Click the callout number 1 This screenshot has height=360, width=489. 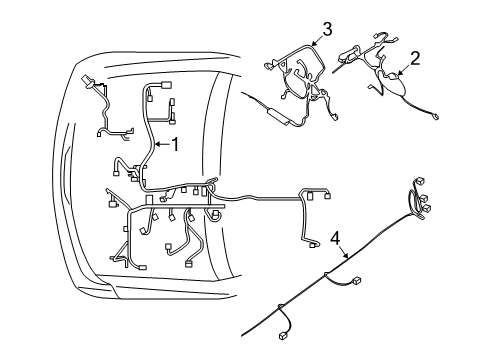[x=176, y=145]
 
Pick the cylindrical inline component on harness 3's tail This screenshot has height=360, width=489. [x=284, y=119]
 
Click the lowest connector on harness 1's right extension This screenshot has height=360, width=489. [x=313, y=243]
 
